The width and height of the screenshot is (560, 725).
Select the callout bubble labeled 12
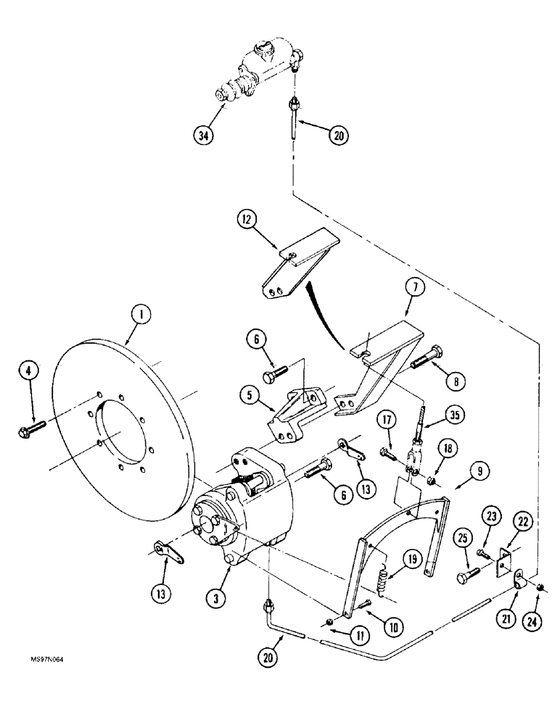click(247, 220)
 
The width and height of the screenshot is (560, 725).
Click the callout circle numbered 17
click(384, 420)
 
